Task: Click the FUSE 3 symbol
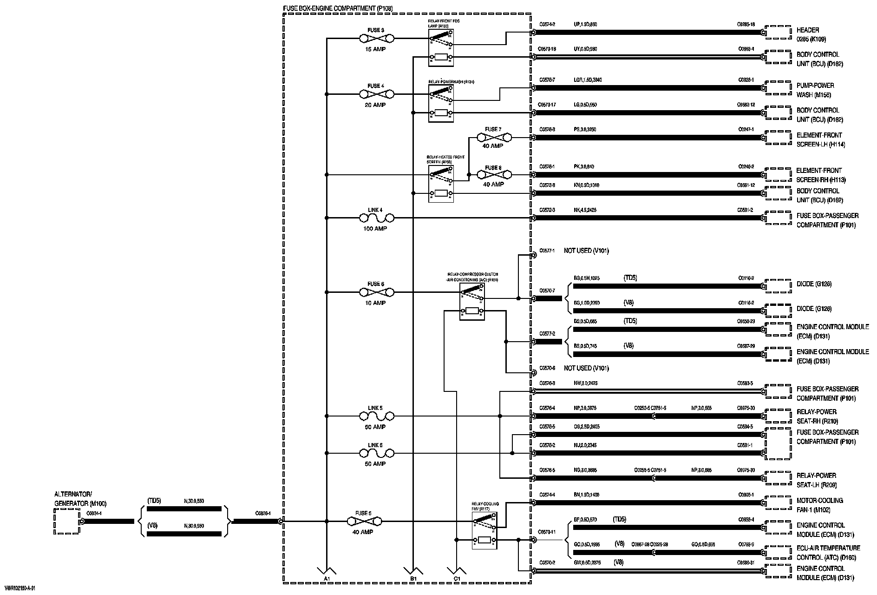pos(377,38)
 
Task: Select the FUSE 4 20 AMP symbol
pos(377,94)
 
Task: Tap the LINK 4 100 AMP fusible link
pos(377,218)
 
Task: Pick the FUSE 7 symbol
pos(494,138)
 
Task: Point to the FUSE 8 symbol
pos(494,175)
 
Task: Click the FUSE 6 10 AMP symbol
pos(377,292)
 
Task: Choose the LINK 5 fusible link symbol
pos(377,416)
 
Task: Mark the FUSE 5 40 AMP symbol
pos(377,521)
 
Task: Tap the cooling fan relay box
pos(484,530)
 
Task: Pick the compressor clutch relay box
pos(472,302)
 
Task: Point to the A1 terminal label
pos(327,578)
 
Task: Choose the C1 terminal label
pos(457,578)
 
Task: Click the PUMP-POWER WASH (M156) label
pos(815,90)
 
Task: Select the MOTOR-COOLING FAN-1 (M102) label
pos(820,505)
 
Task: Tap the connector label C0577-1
pos(547,251)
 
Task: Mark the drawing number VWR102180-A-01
pos(20,588)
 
